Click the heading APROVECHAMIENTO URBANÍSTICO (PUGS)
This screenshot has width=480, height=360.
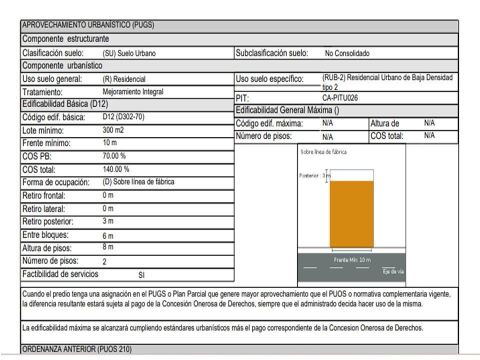coord(88,25)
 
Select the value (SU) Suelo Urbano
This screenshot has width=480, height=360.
coord(129,53)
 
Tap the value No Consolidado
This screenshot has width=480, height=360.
coord(347,53)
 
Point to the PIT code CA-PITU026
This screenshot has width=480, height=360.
coord(340,98)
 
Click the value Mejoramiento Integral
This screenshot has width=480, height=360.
coord(133,92)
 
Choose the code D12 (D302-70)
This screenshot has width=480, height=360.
coord(123,116)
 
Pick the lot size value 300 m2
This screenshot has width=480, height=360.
coord(113,130)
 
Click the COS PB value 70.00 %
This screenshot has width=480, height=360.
coord(114,156)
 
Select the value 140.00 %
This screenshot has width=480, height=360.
coord(115,169)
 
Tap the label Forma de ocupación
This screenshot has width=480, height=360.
coord(56,182)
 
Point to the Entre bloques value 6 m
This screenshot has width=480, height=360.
coord(108,235)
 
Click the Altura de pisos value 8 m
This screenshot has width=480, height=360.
coord(108,246)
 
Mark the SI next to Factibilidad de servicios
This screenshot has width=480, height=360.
coord(141,275)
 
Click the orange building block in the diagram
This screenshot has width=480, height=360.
coord(351,214)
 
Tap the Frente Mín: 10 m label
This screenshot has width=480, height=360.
coord(352,260)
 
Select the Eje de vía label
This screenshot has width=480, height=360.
coord(393,271)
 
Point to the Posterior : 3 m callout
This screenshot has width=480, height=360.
coord(315,175)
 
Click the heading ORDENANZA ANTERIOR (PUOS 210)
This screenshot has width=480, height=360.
coord(77,349)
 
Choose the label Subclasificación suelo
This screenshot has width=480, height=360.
coord(272,53)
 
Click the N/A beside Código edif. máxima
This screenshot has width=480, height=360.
coord(327,123)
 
